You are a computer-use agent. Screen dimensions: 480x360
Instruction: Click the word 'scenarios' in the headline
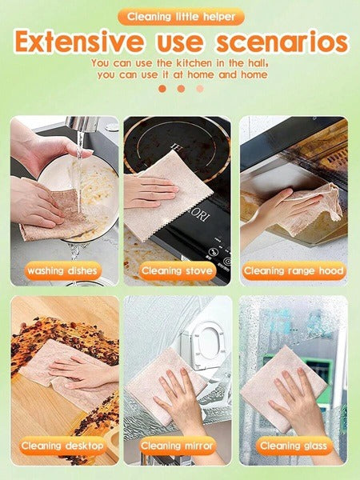click(x=284, y=42)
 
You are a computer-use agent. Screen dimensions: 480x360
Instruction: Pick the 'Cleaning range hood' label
click(x=293, y=271)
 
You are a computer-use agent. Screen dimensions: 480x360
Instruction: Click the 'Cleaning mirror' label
click(x=177, y=446)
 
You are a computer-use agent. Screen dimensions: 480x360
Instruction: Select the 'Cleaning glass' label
click(x=293, y=446)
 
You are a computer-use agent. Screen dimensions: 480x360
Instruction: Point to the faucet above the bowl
click(x=81, y=126)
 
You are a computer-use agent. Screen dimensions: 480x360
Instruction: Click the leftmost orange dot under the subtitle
click(x=162, y=89)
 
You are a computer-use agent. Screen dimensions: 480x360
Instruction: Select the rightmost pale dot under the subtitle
click(x=199, y=89)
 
